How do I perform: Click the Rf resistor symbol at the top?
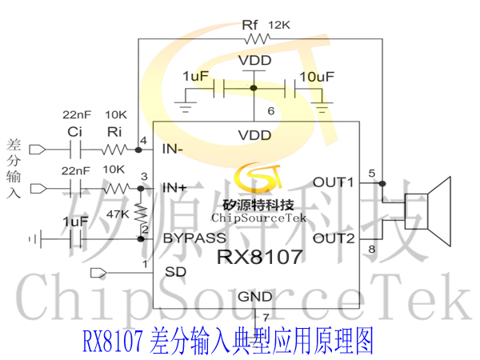tap(258, 39)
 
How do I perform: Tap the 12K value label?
tap(279, 25)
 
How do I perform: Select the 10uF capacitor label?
tap(317, 77)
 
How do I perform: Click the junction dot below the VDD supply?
tap(254, 88)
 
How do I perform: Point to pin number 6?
tap(271, 111)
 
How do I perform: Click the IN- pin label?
tap(172, 149)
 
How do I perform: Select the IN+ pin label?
tap(174, 188)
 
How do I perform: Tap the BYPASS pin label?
tap(194, 238)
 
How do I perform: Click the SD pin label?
tap(175, 272)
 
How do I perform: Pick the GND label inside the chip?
tap(255, 297)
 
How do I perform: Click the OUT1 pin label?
tap(334, 182)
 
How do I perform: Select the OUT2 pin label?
tap(334, 238)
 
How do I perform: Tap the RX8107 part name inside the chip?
tap(260, 257)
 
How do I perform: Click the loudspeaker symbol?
tap(428, 211)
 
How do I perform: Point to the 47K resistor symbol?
tap(141, 214)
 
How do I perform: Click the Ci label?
tap(74, 132)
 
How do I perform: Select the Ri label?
tap(114, 132)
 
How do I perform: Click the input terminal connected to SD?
tap(98, 273)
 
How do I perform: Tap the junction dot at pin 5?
tap(382, 183)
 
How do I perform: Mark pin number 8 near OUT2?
tap(372, 249)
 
